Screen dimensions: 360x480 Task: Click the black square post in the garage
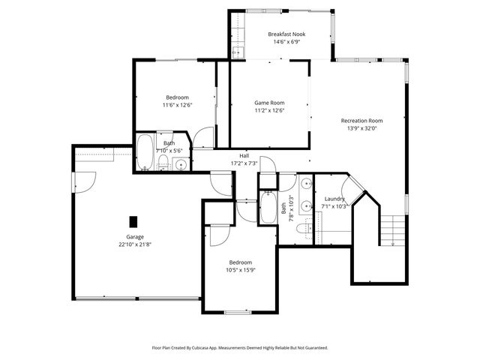[133, 221]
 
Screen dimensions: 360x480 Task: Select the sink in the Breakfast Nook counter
[237, 52]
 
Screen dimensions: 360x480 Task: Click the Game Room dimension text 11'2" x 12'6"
[269, 110]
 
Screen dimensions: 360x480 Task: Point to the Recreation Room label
[361, 120]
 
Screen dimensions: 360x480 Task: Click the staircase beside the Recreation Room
[391, 229]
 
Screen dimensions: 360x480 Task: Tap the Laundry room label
[334, 199]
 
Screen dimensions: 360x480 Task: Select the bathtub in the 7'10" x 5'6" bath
[145, 154]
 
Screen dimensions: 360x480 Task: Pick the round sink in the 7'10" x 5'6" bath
[181, 164]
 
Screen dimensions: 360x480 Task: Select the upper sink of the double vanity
[306, 184]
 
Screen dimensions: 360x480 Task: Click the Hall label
[244, 155]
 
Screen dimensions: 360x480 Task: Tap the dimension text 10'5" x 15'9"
[241, 270]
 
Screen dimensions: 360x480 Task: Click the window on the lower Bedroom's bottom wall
[237, 311]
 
